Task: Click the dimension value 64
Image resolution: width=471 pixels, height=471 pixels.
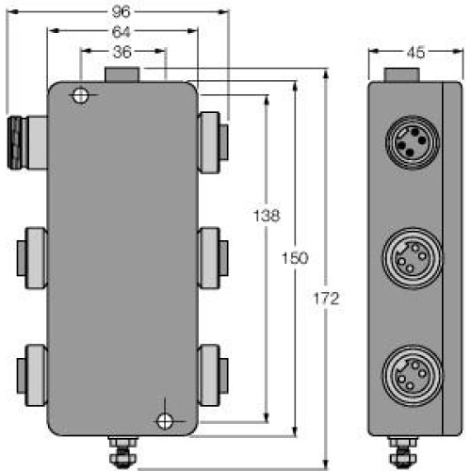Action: point(122,32)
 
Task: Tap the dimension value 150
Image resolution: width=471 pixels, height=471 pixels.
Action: point(296,258)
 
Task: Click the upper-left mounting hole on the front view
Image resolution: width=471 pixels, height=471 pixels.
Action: point(81,95)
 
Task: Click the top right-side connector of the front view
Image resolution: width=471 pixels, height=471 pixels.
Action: point(213,141)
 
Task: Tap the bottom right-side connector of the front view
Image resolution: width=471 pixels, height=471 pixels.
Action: point(213,368)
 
